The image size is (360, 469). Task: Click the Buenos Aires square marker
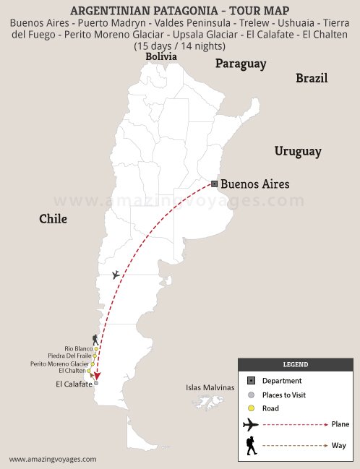coord(214,184)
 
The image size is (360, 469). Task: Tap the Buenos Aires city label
coord(254,184)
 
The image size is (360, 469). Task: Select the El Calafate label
coord(74,384)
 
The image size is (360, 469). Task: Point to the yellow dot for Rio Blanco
coord(93,348)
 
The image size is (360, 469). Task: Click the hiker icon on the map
coord(95,339)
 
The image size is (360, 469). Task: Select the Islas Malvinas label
coord(210,388)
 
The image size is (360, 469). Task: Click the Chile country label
coord(53,218)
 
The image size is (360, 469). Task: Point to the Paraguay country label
coord(240,64)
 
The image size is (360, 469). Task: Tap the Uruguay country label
coord(297,151)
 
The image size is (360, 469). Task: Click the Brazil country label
coord(312,78)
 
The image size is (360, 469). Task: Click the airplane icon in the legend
coord(251,424)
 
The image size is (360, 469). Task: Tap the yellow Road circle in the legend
coord(250,408)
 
